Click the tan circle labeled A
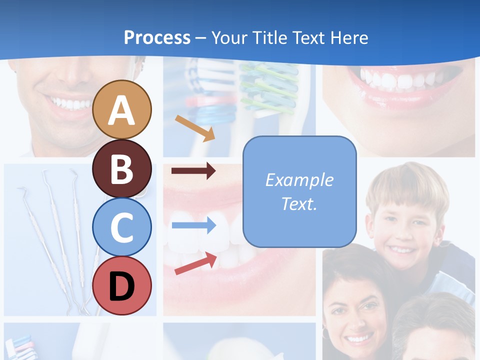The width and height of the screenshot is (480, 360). point(122,109)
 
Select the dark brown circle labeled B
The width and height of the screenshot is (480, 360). point(122,168)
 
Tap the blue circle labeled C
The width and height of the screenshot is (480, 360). point(122,227)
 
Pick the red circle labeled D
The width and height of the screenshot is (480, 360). point(122,285)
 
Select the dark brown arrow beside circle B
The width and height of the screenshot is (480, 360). point(193,171)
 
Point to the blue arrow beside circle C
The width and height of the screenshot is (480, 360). point(193,225)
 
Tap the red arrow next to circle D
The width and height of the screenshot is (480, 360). point(195,263)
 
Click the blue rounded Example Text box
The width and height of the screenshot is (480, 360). point(299,191)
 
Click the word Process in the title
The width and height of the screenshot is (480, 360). point(157,37)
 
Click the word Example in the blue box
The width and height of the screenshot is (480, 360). point(299,180)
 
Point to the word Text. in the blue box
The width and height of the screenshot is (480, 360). point(299,204)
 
